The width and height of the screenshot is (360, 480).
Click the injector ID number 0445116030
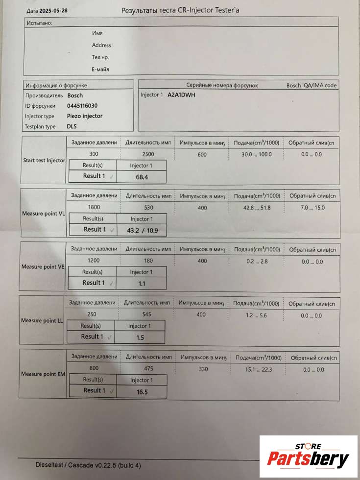point(82,106)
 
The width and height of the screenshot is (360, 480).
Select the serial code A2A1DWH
point(181,95)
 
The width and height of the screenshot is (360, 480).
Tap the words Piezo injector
point(85,116)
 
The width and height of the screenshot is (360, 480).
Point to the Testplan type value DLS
point(72,126)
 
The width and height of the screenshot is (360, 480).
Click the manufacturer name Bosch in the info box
point(75,96)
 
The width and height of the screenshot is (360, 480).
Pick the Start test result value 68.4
point(142,176)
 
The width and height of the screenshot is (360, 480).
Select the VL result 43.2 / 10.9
point(142,230)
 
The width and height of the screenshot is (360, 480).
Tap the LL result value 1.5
point(140,337)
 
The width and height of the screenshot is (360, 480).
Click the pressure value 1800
point(94,208)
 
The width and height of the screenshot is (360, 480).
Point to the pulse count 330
point(203,369)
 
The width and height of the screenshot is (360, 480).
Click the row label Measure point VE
point(43,267)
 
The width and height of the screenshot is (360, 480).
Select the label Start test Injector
point(44,160)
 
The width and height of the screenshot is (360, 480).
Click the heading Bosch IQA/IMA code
point(312,85)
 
